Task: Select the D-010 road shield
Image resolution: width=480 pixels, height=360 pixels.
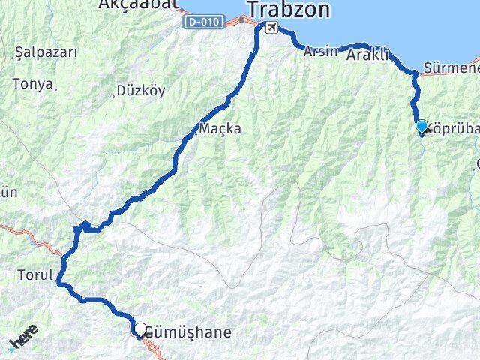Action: click(202, 22)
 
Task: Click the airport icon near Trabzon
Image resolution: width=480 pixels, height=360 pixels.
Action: click(271, 28)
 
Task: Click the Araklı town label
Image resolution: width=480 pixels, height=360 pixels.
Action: click(370, 54)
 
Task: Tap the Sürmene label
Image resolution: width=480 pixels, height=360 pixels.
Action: click(451, 69)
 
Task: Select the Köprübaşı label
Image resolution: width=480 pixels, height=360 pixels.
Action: click(454, 127)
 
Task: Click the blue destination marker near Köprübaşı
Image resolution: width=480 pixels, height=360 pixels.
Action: click(421, 127)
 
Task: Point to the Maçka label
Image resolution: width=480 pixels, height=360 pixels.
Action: click(220, 128)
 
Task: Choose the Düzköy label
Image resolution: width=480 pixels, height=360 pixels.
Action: click(140, 91)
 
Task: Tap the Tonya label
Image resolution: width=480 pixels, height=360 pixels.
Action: click(37, 84)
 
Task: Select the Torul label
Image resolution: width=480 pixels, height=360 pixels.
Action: click(34, 275)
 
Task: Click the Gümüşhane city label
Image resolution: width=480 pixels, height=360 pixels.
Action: click(187, 331)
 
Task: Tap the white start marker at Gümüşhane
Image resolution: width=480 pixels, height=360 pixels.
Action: click(139, 328)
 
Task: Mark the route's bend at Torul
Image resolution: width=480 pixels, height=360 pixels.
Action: click(59, 281)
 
